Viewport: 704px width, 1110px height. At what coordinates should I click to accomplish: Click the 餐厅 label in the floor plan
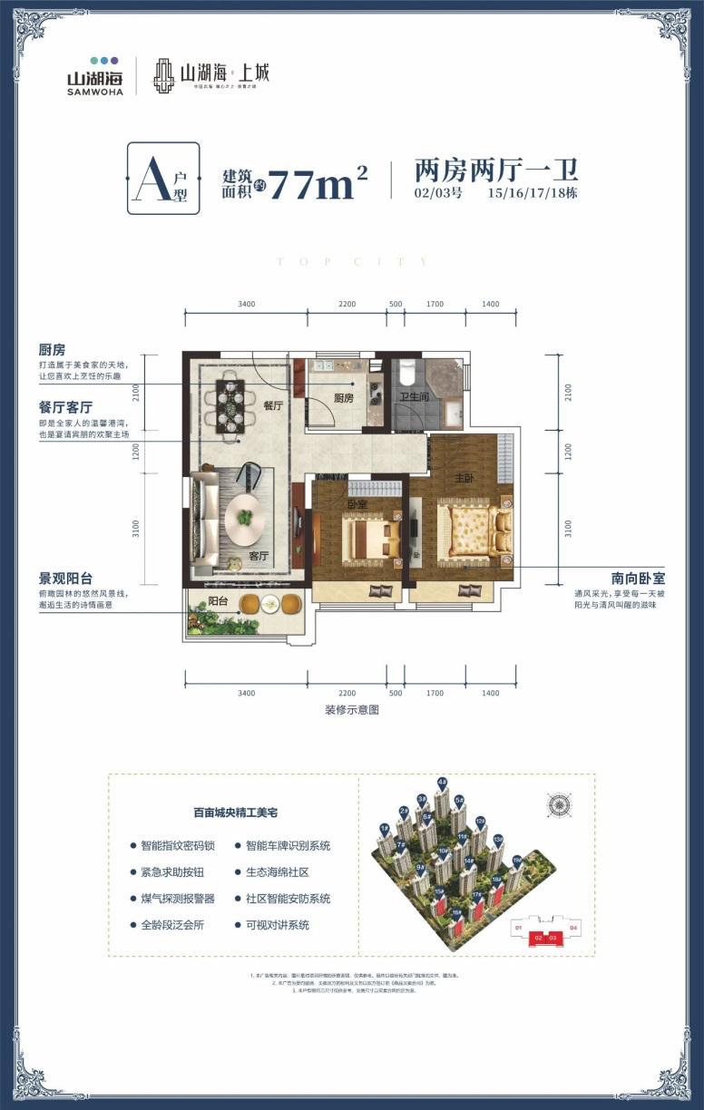[274, 406]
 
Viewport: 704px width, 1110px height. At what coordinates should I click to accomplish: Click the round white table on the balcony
[269, 603]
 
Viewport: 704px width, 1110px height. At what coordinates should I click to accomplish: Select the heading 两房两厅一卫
[495, 170]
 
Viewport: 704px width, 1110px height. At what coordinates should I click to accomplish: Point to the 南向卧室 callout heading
[637, 577]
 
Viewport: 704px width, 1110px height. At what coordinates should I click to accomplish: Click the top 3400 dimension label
[247, 305]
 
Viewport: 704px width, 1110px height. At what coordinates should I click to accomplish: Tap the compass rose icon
[559, 803]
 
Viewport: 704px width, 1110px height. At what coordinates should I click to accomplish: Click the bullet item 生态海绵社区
[278, 872]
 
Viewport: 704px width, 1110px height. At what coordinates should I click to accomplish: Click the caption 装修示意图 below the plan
[351, 710]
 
